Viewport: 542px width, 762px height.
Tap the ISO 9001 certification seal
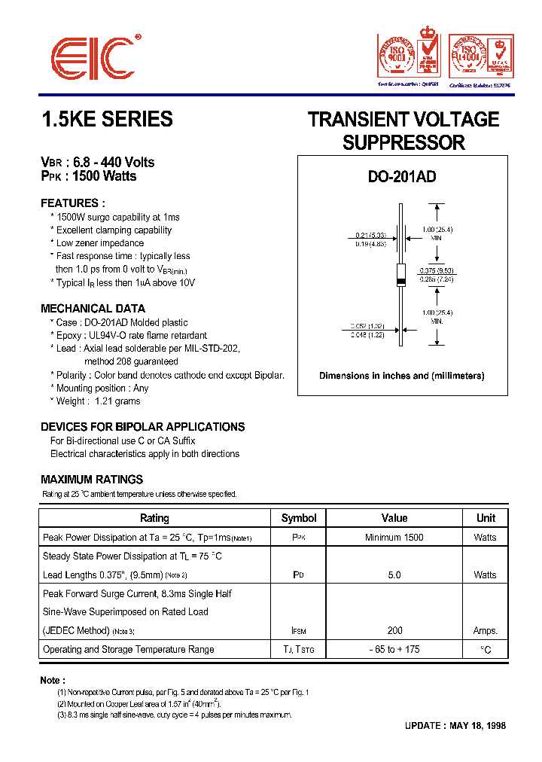coord(396,56)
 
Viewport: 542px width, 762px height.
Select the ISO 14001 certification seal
coord(468,56)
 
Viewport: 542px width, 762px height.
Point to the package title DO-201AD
coord(402,177)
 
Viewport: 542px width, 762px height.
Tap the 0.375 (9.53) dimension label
coord(437,270)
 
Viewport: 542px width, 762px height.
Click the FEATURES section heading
coord(72,203)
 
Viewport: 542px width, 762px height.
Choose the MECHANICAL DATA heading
coord(93,309)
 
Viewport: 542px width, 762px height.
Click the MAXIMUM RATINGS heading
coord(91,480)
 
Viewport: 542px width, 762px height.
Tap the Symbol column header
coord(299,518)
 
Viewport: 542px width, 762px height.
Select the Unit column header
coord(486,518)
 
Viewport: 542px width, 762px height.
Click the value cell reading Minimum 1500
coord(394,538)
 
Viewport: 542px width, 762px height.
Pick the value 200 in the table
coord(394,631)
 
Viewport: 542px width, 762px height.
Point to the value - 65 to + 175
coord(394,650)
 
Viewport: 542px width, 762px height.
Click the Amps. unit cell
coord(486,631)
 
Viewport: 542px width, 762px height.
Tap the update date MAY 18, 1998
coord(477,727)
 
